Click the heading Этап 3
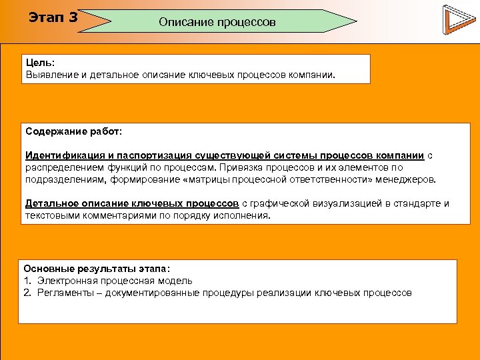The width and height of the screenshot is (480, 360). point(53,17)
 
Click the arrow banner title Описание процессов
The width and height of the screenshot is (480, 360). point(217,22)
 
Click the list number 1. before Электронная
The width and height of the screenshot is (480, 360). point(28,281)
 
